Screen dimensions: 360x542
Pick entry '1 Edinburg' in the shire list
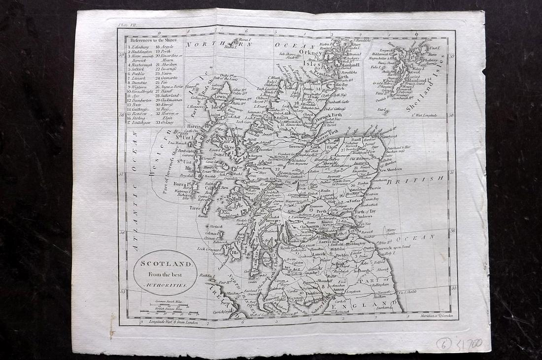pos(140,47)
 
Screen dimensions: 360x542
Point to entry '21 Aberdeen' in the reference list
pos(168,65)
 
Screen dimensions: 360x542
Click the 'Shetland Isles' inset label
pos(430,84)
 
